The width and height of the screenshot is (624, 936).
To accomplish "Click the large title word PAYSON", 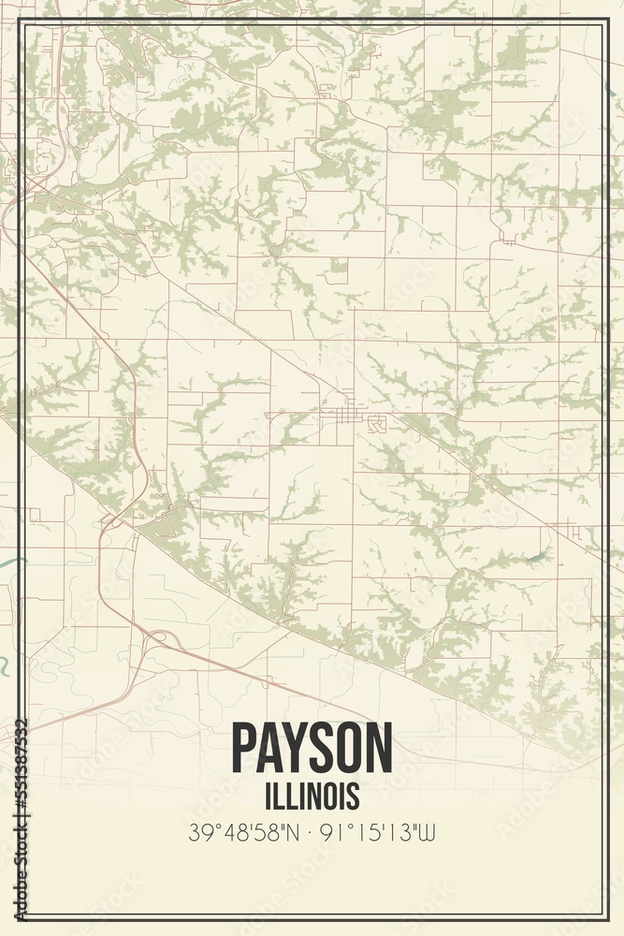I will pos(312,749).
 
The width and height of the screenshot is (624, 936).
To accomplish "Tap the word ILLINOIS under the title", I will pos(312,796).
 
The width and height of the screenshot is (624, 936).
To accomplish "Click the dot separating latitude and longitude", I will pos(312,831).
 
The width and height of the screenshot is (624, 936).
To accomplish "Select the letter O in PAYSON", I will pos(350,749).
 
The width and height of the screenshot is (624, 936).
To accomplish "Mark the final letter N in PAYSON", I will pos(378,749).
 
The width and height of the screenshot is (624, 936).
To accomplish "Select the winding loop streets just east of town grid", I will pos(376,424).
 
